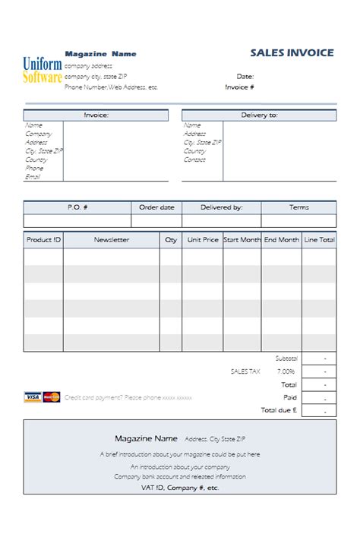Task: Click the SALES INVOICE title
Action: click(292, 52)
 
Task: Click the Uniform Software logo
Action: click(43, 70)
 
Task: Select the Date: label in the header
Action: click(245, 76)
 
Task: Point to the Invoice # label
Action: click(239, 87)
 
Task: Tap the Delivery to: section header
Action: click(259, 115)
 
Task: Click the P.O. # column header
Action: click(77, 207)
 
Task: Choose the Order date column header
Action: click(156, 207)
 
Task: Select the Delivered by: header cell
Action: click(222, 207)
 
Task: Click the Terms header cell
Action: click(298, 207)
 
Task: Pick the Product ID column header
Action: click(43, 239)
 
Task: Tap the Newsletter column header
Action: click(112, 239)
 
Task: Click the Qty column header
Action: click(171, 239)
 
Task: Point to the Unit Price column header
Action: click(203, 239)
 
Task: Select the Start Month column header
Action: click(242, 239)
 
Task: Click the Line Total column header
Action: click(319, 239)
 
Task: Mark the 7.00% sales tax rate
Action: click(286, 371)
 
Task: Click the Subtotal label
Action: click(286, 358)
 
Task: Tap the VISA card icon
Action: click(33, 397)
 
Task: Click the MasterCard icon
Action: click(51, 397)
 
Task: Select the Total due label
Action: click(279, 410)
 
